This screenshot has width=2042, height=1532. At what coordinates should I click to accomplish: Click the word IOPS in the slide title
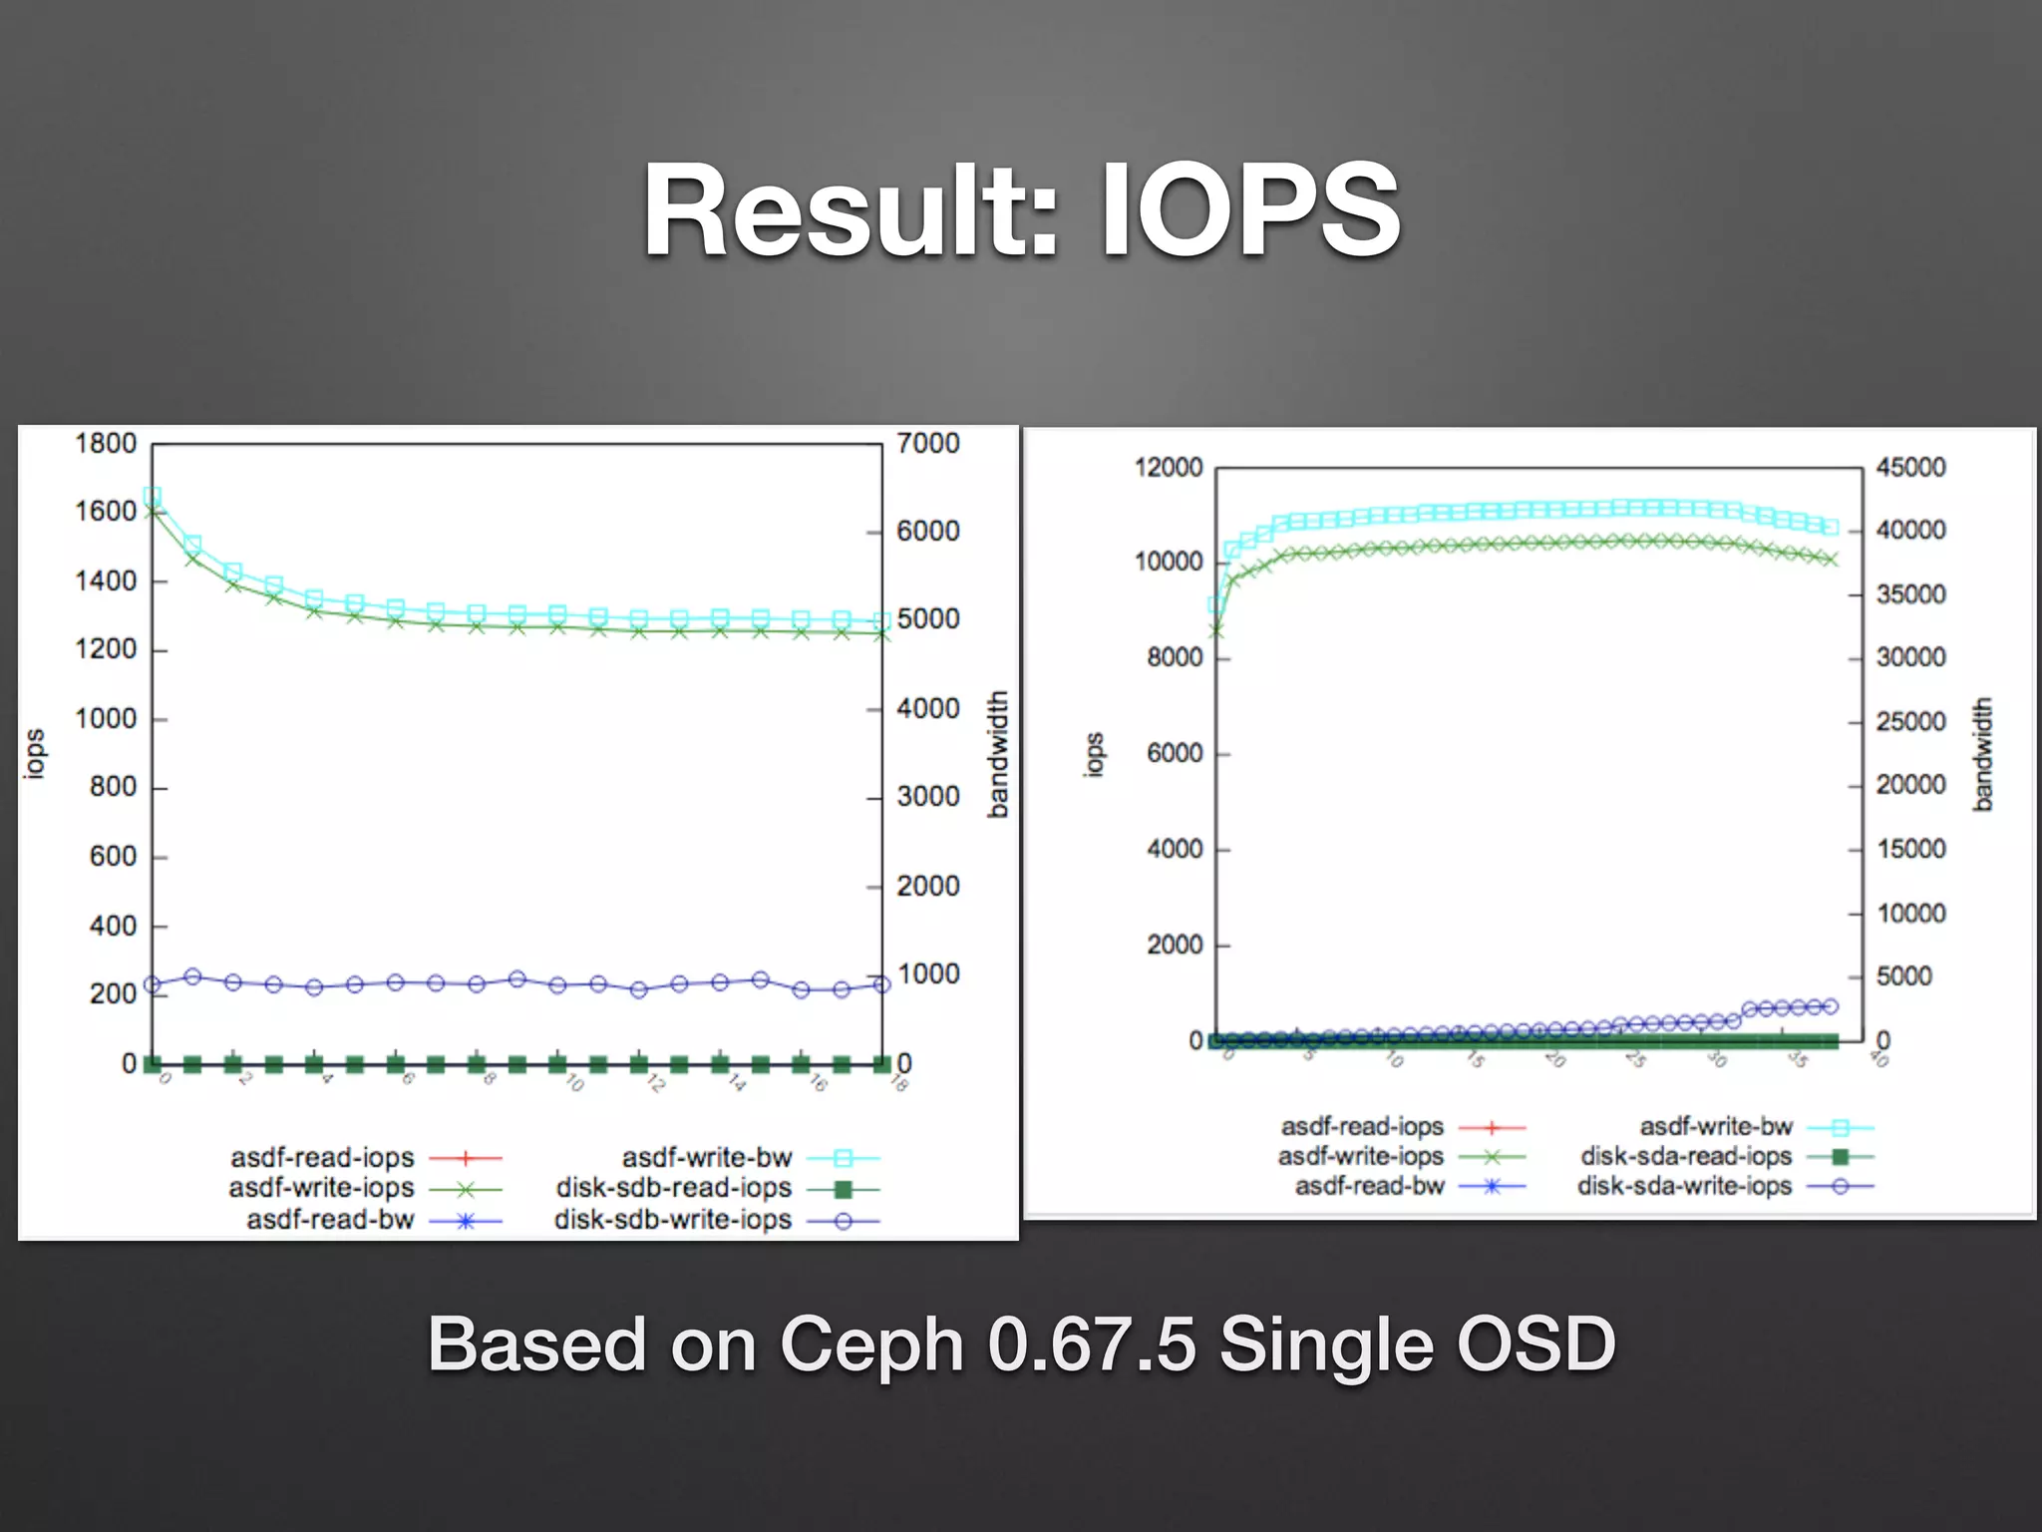point(1250,211)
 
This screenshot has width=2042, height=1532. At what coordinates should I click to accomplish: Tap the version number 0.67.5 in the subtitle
point(1091,1344)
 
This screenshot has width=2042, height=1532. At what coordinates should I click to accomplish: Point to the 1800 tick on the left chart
point(106,443)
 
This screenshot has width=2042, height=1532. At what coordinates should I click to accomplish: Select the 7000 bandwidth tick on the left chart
point(927,443)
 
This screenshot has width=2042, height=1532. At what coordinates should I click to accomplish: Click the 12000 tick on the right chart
point(1168,467)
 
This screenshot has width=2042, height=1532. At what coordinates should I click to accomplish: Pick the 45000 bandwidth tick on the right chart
point(1910,467)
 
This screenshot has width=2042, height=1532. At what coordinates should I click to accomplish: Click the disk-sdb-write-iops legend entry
point(673,1220)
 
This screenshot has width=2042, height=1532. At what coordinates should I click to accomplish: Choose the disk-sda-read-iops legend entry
point(1686,1156)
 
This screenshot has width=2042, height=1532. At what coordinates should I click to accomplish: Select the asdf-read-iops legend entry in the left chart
point(322,1157)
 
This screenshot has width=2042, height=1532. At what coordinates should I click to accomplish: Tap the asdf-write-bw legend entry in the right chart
point(1716,1126)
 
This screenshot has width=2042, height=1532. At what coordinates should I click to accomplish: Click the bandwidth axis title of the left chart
point(997,754)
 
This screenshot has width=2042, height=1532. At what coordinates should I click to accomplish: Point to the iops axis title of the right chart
point(1094,754)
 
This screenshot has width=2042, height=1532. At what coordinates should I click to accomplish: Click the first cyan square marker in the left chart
point(153,496)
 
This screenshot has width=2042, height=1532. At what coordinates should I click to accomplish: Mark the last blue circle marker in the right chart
point(1830,1006)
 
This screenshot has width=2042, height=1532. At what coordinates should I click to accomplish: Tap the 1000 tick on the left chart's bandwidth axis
point(928,973)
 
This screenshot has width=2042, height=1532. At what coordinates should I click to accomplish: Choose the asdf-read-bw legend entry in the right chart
point(1369,1186)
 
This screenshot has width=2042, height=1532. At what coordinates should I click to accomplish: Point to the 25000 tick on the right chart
point(1910,721)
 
